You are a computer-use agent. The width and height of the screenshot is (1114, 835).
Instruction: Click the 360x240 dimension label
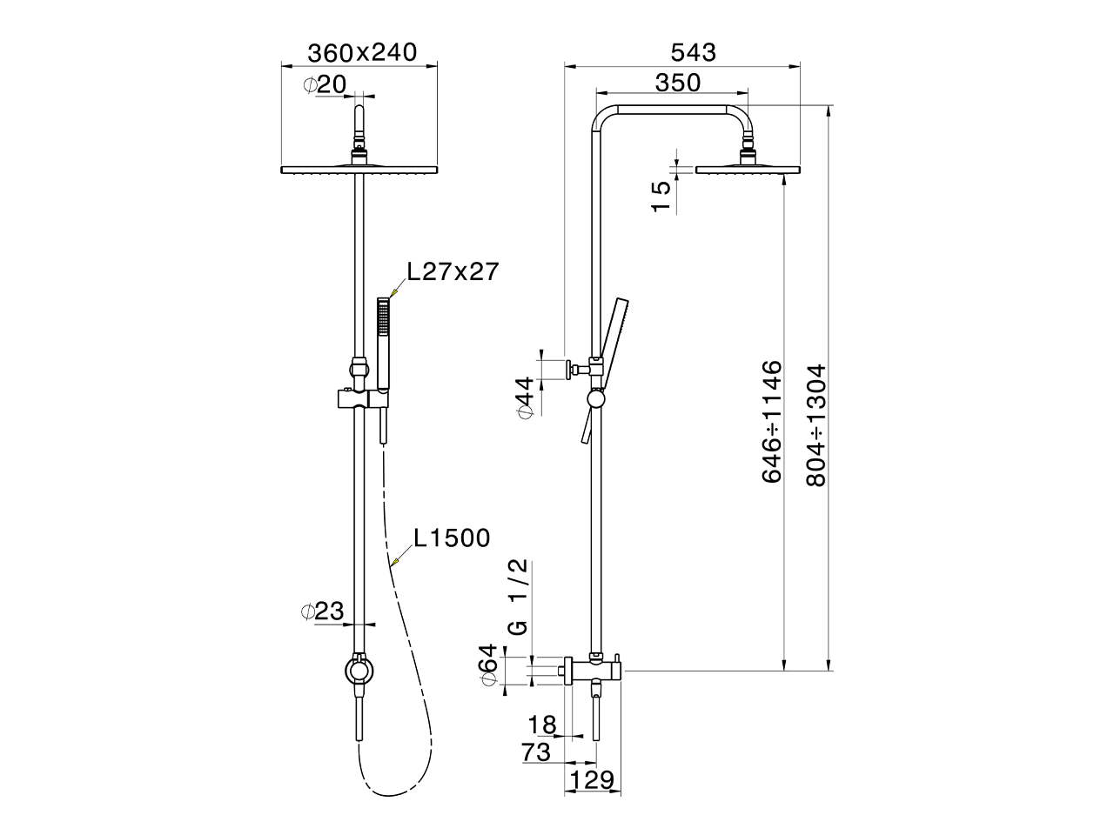click(362, 53)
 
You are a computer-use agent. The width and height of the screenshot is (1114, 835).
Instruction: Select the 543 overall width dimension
click(694, 52)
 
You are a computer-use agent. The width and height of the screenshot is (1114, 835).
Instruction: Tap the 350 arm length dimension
click(677, 83)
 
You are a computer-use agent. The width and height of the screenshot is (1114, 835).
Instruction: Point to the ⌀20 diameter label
click(325, 84)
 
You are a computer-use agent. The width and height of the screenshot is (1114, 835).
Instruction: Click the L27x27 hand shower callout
click(453, 271)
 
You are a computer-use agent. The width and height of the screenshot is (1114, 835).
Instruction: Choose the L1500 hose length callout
click(452, 538)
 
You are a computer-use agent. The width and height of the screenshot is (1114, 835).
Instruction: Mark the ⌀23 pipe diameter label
click(323, 611)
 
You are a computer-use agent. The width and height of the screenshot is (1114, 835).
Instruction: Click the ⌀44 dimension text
click(526, 397)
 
